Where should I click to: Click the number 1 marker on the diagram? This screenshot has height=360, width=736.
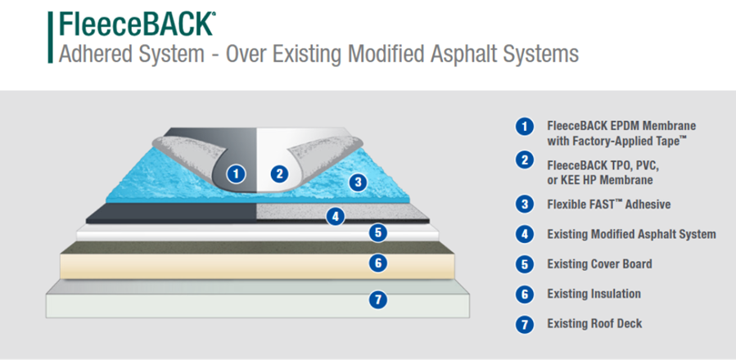click(x=236, y=173)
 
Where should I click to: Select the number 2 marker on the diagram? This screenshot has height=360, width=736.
click(x=279, y=173)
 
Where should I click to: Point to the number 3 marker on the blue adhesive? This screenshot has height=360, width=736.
click(x=357, y=182)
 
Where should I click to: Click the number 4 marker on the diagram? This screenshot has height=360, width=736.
click(x=334, y=217)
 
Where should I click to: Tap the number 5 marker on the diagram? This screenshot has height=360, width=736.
click(x=377, y=232)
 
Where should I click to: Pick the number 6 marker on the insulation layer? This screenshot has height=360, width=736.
click(x=377, y=263)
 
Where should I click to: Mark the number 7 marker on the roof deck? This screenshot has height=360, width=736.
click(x=377, y=299)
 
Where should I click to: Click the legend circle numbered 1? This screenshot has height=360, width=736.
click(x=524, y=127)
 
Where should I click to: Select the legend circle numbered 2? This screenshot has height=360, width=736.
click(x=524, y=160)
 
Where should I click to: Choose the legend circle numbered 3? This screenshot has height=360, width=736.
click(x=524, y=204)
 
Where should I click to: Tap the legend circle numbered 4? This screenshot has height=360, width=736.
click(x=524, y=234)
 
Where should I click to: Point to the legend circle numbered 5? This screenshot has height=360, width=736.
click(x=524, y=264)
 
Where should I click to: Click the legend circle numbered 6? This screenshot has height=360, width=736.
click(x=524, y=294)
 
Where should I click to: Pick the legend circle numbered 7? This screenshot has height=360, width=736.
click(x=524, y=324)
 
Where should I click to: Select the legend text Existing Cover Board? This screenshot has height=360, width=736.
click(x=599, y=264)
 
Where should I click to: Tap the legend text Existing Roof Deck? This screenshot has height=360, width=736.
click(x=594, y=324)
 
